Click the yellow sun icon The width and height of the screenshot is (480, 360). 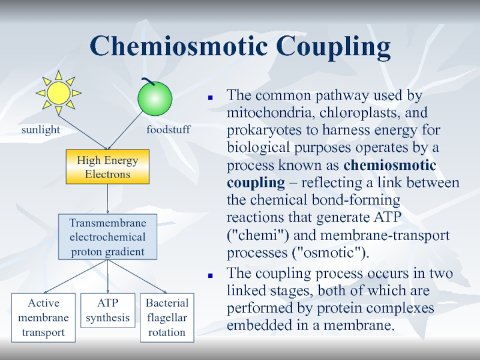pos(58,93)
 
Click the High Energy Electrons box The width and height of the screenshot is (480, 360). pos(107,167)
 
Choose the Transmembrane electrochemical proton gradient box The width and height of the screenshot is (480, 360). pos(107,236)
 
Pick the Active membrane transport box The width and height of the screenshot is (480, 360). pos(44,317)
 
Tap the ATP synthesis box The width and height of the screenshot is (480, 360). pos(107,310)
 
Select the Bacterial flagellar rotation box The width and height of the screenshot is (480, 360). pos(167,317)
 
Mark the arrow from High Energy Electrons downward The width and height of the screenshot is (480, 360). pos(107,198)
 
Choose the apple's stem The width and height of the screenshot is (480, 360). pos(147,81)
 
